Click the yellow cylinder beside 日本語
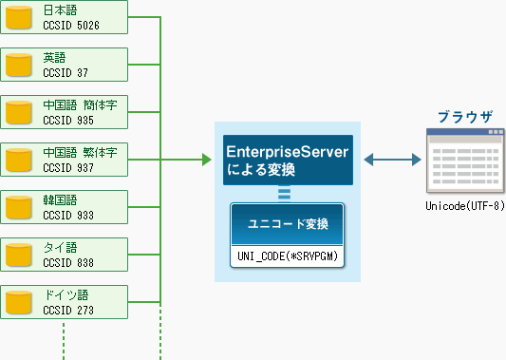[19, 17]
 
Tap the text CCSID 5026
[71, 26]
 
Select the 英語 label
[54, 58]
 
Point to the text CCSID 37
[66, 72]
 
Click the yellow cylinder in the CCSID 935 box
[19, 112]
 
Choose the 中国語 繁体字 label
[80, 152]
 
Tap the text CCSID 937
[68, 167]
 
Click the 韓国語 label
[60, 200]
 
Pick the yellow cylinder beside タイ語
[19, 255]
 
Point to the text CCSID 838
[68, 262]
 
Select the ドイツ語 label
[66, 295]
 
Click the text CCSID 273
[68, 310]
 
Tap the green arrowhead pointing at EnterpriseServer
[207, 160]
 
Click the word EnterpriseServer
[288, 152]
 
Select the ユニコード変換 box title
[288, 224]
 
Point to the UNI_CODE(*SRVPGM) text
[288, 256]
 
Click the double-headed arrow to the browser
[392, 160]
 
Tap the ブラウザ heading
[465, 117]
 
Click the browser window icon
[465, 161]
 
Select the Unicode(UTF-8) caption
[465, 206]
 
